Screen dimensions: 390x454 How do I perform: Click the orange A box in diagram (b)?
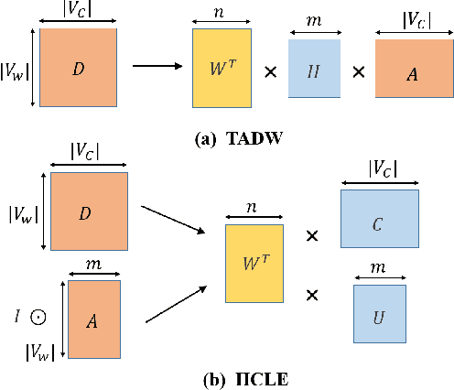(93, 320)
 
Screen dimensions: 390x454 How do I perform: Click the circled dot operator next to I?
(38, 318)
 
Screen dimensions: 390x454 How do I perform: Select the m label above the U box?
(379, 268)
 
